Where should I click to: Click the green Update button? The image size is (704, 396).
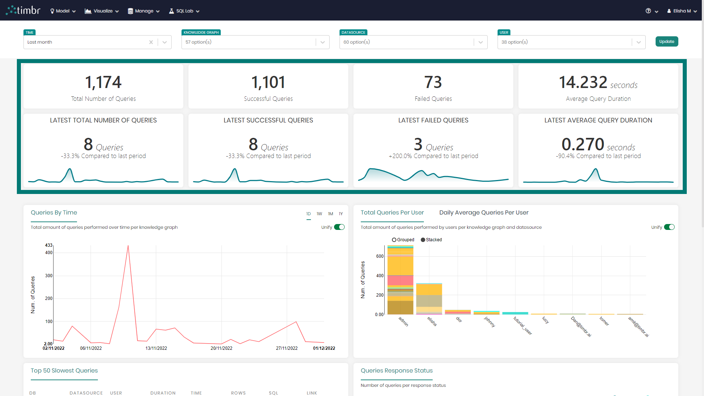[666, 41]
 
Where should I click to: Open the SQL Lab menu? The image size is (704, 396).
[184, 11]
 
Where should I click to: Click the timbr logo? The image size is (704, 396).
[23, 10]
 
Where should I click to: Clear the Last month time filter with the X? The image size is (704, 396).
[151, 42]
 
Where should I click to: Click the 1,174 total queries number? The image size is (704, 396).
[103, 82]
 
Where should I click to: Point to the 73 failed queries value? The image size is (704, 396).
[433, 82]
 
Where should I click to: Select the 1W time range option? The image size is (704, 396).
[319, 214]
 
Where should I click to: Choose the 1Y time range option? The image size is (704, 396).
[341, 214]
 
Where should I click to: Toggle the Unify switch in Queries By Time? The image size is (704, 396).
[339, 227]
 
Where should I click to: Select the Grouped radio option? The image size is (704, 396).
[394, 240]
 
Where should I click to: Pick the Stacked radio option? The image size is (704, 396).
[423, 240]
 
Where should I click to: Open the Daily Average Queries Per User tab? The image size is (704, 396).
[484, 213]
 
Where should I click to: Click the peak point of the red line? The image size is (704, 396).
[128, 246]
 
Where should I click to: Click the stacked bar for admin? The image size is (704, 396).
[400, 280]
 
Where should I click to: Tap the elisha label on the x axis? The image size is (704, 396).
[432, 321]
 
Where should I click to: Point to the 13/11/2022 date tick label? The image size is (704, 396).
[156, 348]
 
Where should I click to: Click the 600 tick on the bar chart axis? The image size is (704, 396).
[379, 256]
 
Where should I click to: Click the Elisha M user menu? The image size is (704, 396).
[682, 11]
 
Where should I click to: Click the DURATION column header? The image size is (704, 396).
[163, 393]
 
